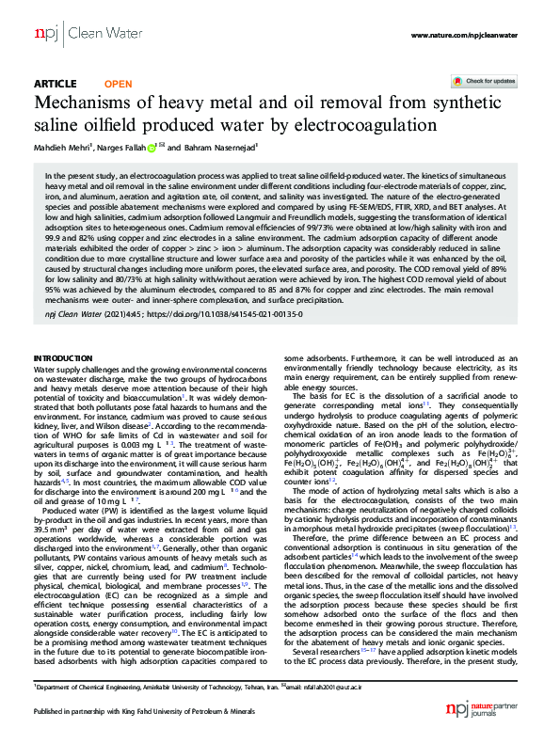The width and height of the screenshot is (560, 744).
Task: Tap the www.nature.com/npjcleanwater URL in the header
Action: point(464,35)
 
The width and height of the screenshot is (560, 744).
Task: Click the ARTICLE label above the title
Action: point(55,83)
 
